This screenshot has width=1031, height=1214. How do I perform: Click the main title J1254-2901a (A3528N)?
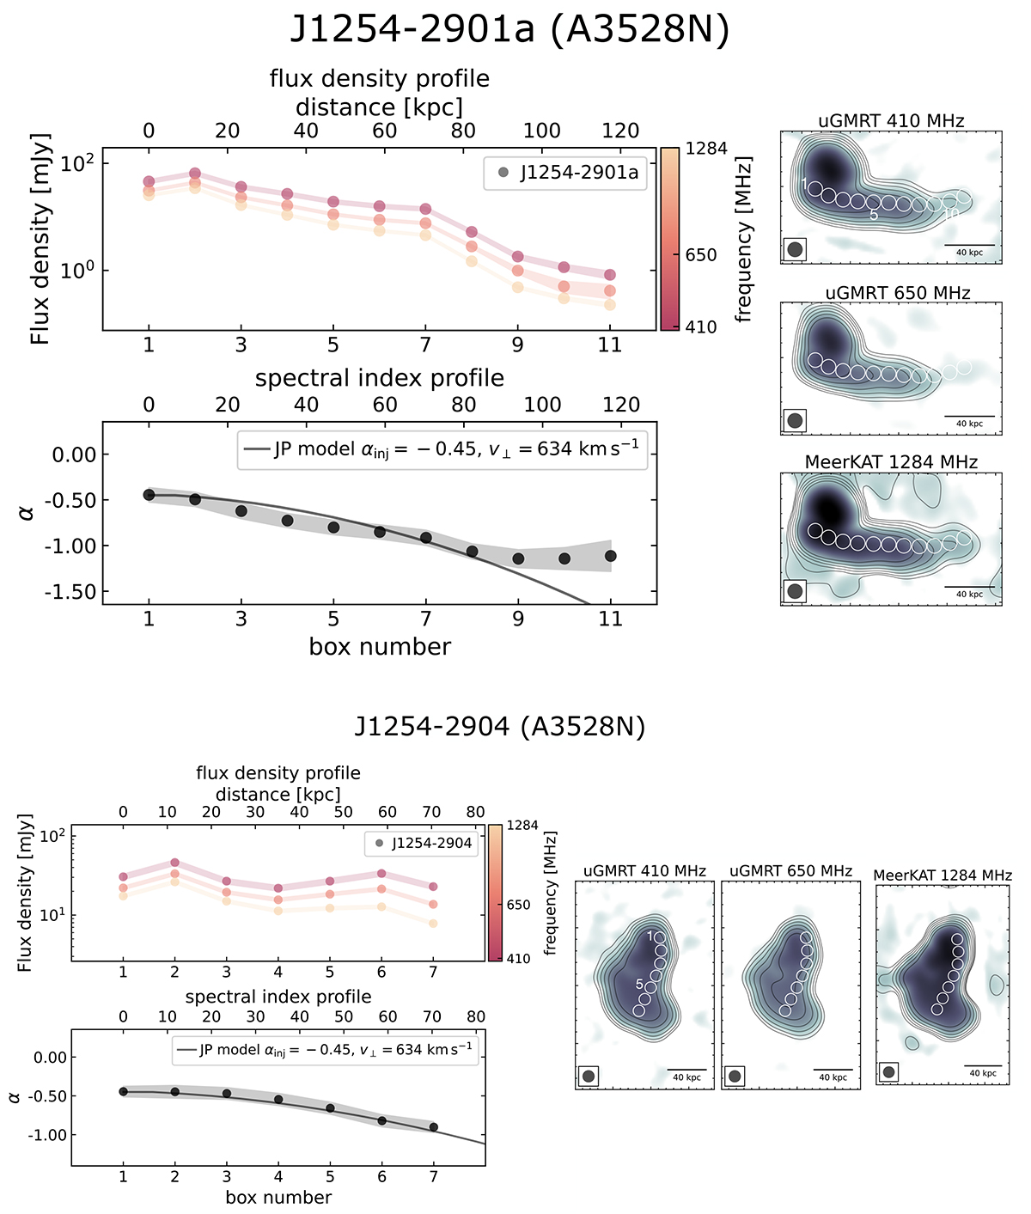pyautogui.click(x=509, y=29)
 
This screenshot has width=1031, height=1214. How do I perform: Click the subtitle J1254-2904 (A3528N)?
pyautogui.click(x=499, y=727)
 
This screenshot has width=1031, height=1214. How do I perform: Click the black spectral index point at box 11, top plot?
pyautogui.click(x=610, y=556)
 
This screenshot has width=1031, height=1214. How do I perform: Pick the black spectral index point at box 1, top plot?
pyautogui.click(x=149, y=495)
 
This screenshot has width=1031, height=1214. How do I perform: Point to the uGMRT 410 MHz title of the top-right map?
pyautogui.click(x=891, y=121)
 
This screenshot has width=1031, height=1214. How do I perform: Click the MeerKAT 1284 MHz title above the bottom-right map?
pyautogui.click(x=943, y=875)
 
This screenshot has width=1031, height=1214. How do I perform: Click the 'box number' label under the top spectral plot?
pyautogui.click(x=380, y=647)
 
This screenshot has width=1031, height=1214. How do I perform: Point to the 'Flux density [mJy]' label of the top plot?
pyautogui.click(x=40, y=239)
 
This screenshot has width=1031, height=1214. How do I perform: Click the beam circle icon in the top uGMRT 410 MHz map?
pyautogui.click(x=795, y=250)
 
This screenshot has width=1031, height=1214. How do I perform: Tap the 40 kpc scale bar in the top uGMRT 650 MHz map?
pyautogui.click(x=970, y=417)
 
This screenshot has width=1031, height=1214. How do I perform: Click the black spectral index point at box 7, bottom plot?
pyautogui.click(x=433, y=1127)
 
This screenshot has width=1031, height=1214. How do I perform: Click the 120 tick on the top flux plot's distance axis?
pyautogui.click(x=621, y=131)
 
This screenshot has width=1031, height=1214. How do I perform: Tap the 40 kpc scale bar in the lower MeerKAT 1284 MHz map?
pyautogui.click(x=982, y=1066)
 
